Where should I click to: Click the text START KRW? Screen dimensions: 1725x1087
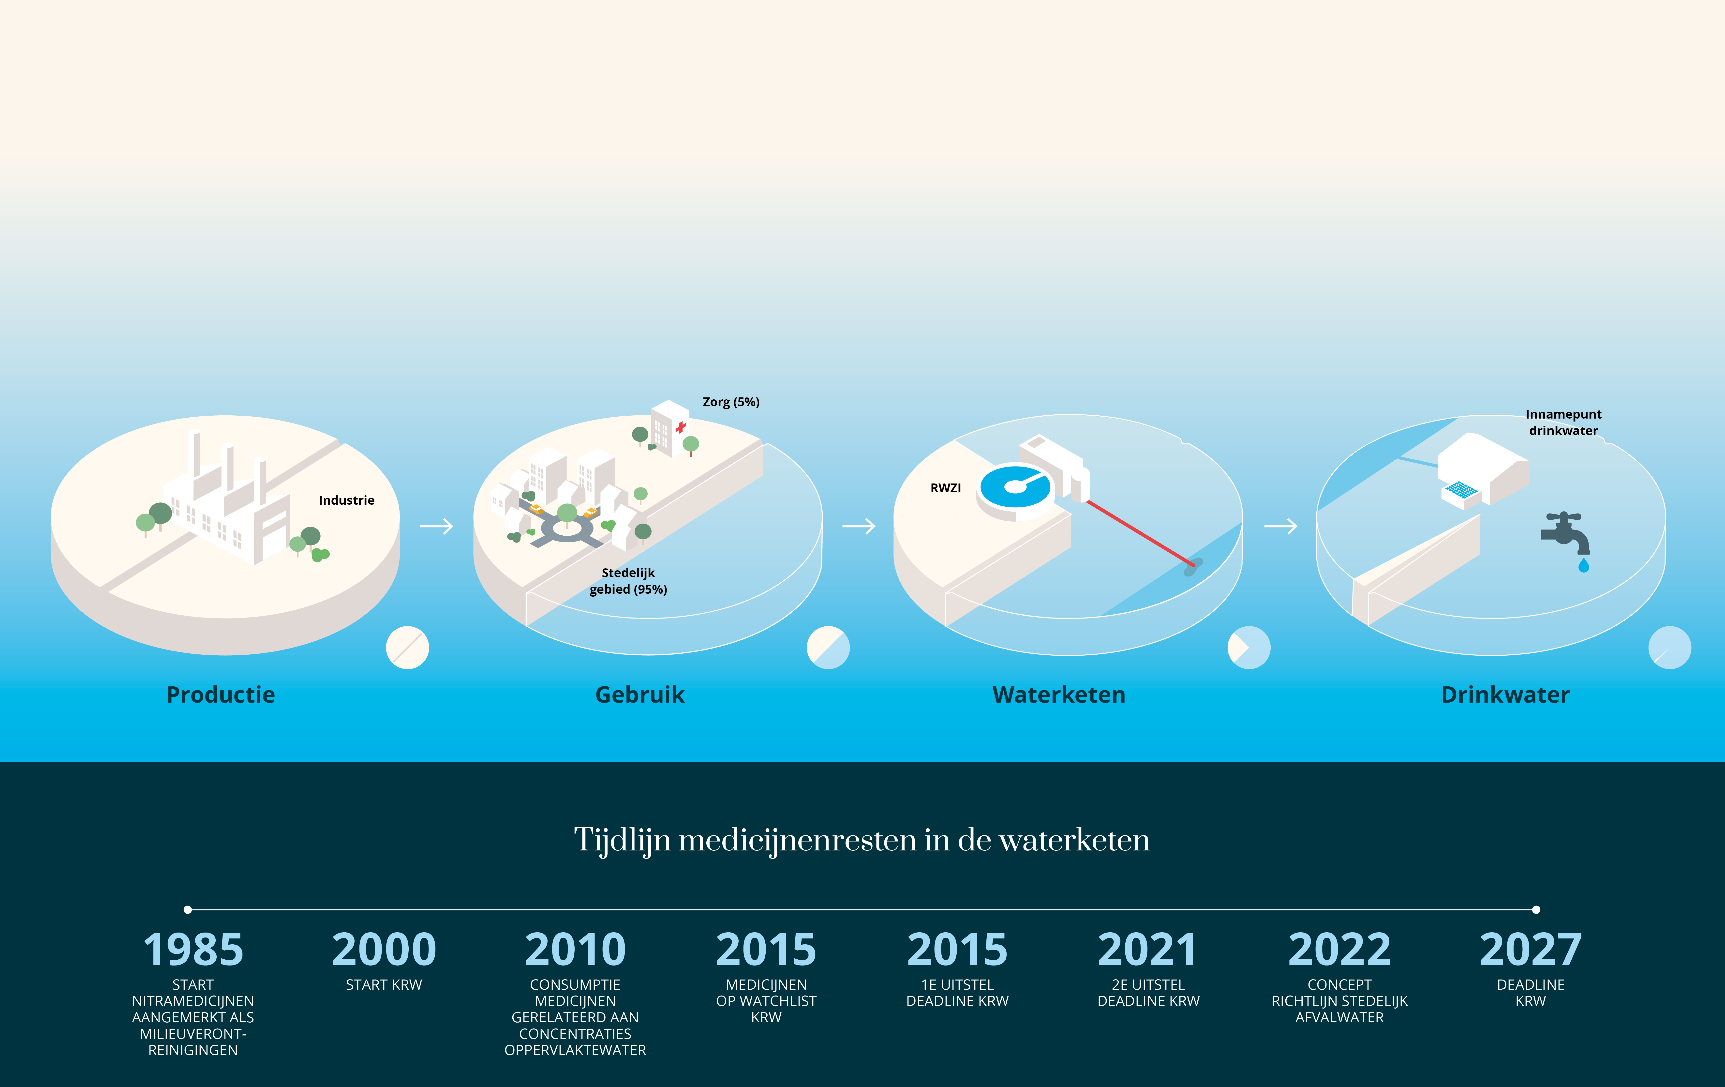(384, 985)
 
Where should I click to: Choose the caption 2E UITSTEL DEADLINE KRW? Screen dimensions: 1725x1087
(1148, 993)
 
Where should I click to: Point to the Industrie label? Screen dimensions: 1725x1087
(347, 500)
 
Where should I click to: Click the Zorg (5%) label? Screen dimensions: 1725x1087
(731, 402)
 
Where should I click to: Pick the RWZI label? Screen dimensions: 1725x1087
(946, 488)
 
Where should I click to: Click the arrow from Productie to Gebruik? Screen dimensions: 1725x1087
(436, 527)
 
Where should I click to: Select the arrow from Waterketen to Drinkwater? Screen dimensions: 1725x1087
(1281, 527)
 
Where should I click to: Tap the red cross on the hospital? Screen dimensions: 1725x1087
(681, 427)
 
